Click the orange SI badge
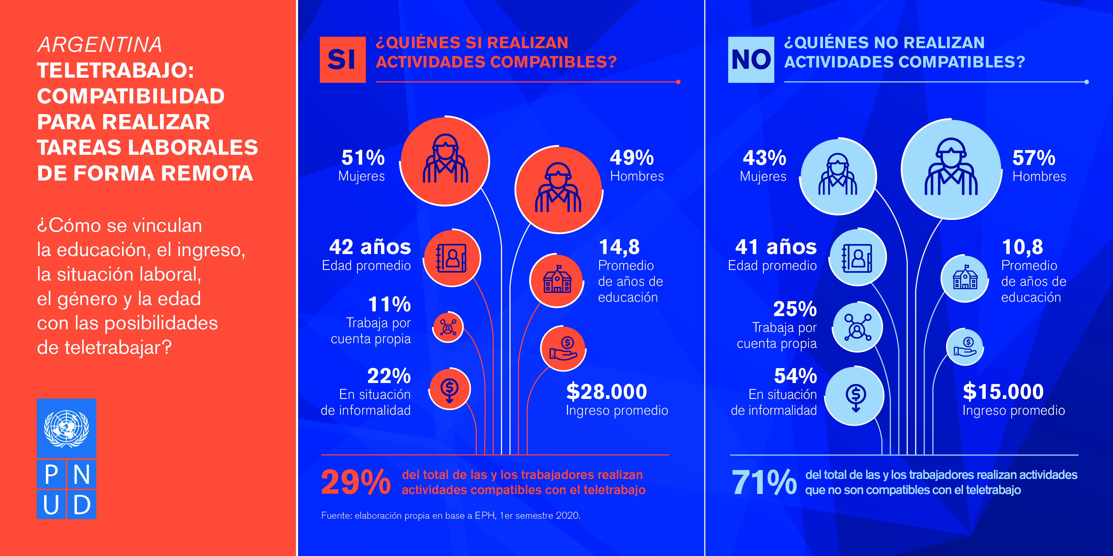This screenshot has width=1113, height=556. [x=342, y=60]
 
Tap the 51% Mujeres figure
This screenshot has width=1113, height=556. [x=363, y=158]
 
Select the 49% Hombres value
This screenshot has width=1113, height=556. [x=632, y=158]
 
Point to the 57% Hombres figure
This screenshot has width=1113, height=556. [x=1033, y=158]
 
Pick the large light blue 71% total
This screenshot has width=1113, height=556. [x=764, y=482]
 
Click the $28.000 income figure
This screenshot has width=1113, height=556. [x=606, y=392]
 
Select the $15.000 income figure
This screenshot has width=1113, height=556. [x=1003, y=392]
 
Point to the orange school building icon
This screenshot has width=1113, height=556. [x=557, y=280]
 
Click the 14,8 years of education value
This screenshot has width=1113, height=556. [x=619, y=247]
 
